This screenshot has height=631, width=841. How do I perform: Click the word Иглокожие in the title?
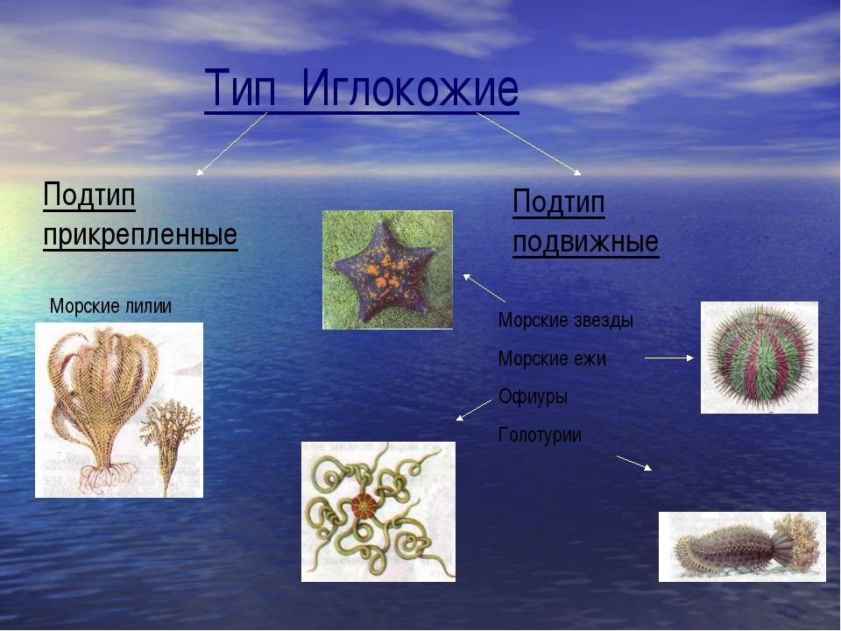410,88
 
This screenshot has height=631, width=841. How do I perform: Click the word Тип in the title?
240,88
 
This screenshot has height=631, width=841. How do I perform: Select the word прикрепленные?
140,235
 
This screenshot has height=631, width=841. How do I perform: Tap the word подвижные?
585,242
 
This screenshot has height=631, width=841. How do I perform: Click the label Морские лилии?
110,307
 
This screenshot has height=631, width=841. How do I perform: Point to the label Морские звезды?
566,321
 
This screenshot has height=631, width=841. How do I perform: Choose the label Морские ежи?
552,358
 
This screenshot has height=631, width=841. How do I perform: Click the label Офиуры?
533,396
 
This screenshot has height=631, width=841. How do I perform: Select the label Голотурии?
540,435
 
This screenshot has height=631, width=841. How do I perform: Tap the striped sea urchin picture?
759,358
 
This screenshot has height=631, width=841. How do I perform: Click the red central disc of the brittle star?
363,506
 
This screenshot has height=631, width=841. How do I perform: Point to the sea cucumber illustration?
743,547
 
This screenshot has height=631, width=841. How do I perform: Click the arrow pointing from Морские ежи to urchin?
669,358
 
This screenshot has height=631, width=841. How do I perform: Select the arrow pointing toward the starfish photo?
484,288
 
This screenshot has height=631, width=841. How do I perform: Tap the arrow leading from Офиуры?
474,410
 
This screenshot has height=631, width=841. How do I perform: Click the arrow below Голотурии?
634,464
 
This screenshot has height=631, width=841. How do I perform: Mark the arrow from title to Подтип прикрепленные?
231,144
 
